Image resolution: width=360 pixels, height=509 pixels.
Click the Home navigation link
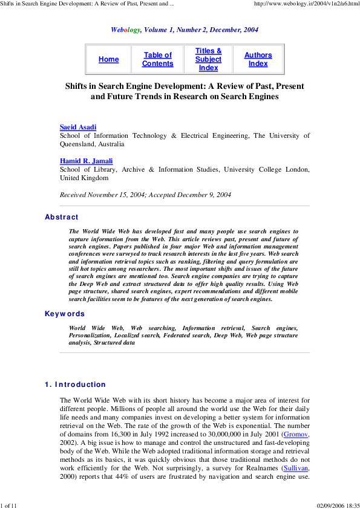coord(109,59)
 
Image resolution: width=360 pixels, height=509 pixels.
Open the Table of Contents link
coord(157,59)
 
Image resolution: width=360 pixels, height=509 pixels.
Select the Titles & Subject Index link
coord(208,59)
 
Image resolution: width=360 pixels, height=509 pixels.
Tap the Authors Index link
coord(258,59)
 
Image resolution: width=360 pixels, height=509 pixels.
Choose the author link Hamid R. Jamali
coord(86,161)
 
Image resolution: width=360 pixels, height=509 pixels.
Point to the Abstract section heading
coord(62,217)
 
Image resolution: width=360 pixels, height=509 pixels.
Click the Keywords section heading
coord(65,314)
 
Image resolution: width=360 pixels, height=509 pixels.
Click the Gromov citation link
coord(295,435)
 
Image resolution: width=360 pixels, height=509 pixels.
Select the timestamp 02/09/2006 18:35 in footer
coord(338,505)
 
